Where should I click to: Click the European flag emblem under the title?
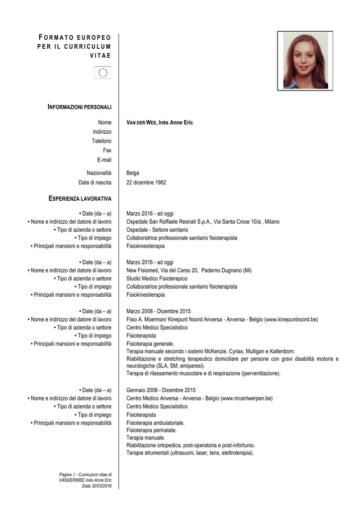click(103, 73)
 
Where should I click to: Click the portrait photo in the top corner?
click(305, 61)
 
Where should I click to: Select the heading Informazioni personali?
click(80, 107)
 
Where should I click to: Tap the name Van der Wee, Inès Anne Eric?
click(160, 122)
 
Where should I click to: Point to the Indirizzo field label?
click(102, 132)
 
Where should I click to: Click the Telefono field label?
click(101, 141)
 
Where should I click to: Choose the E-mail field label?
click(104, 160)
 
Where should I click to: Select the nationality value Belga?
click(133, 173)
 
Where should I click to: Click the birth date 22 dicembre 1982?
click(146, 182)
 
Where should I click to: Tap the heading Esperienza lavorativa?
click(80, 199)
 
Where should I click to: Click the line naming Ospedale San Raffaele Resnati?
click(203, 222)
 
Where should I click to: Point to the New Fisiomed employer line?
click(188, 270)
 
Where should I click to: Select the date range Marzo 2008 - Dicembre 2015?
click(159, 311)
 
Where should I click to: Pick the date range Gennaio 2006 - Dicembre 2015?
click(161, 390)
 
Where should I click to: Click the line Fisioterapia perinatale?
click(152, 430)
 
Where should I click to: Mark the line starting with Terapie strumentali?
click(190, 453)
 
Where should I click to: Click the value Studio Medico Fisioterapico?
click(157, 278)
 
